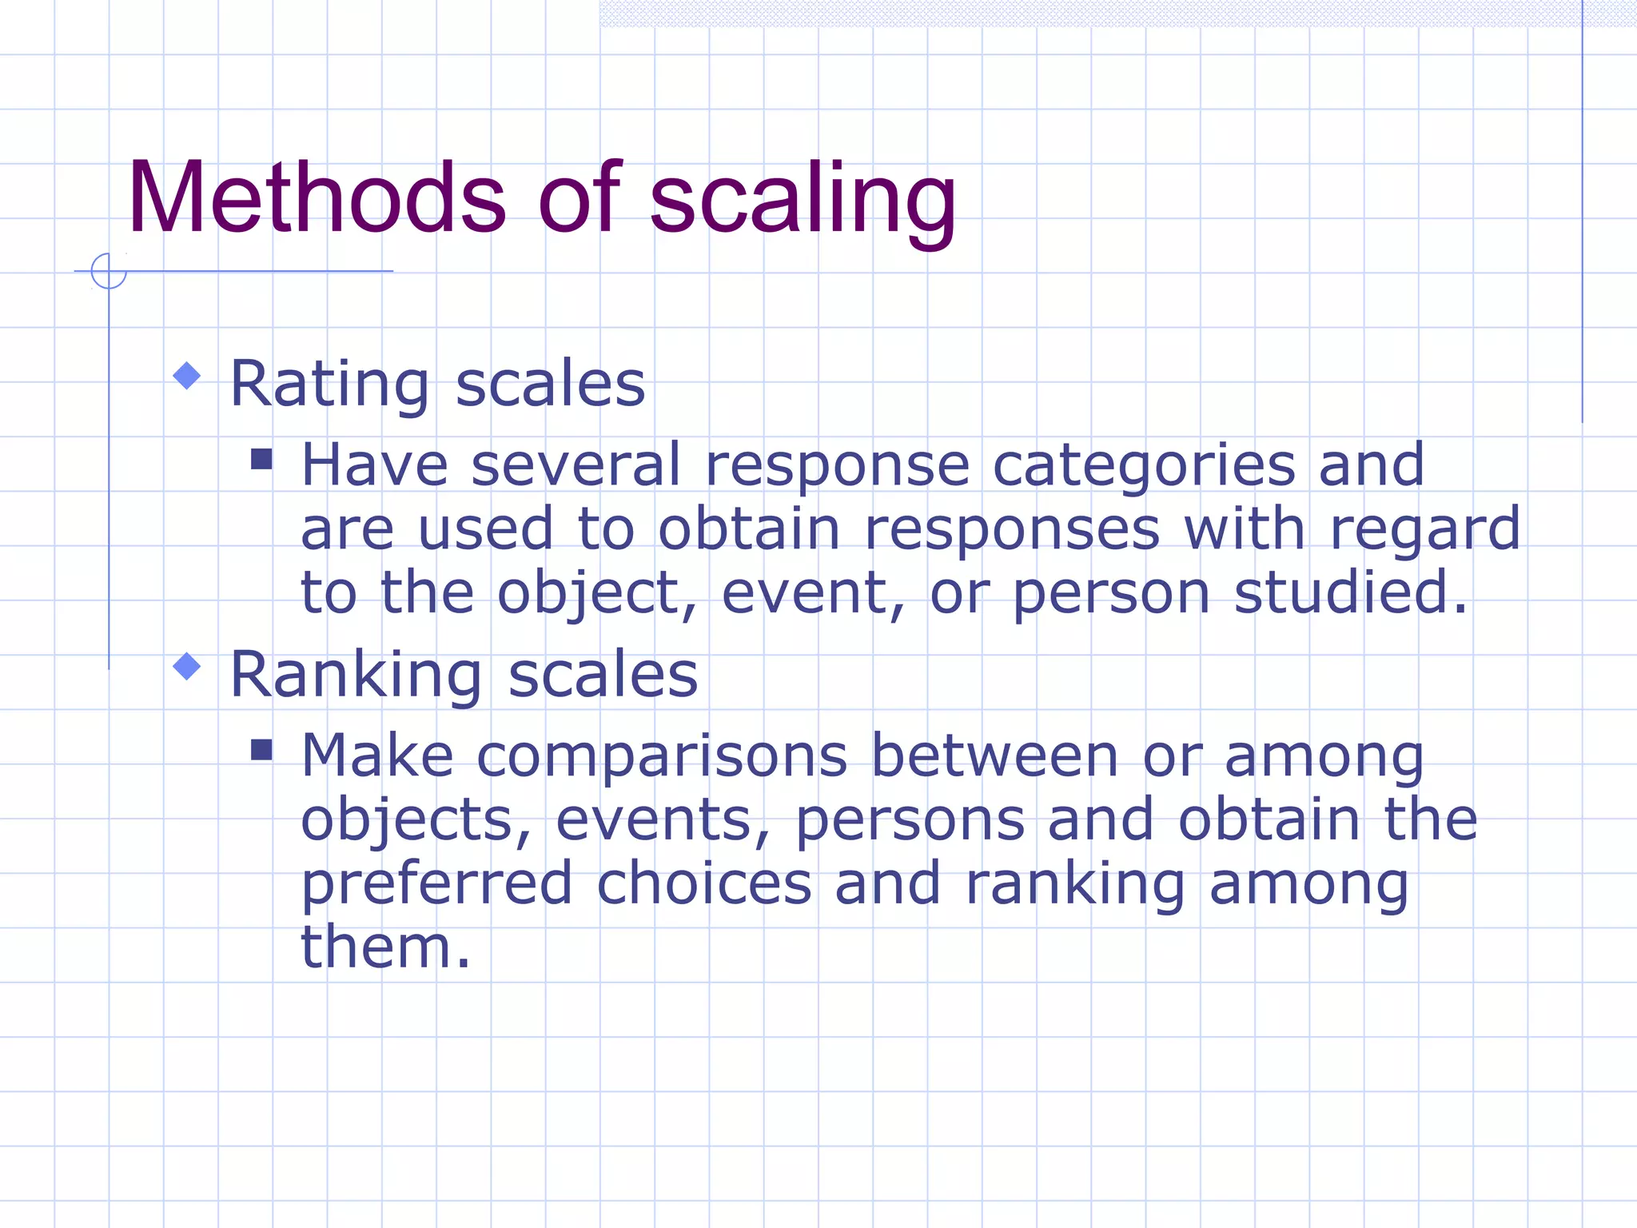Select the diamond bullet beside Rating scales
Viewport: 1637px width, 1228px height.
pyautogui.click(x=187, y=376)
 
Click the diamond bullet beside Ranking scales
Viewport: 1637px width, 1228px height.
pyautogui.click(x=187, y=667)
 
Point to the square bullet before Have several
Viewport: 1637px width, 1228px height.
pyautogui.click(x=261, y=459)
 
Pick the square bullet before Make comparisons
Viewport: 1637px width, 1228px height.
pyautogui.click(x=261, y=750)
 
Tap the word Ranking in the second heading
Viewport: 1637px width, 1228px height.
pyautogui.click(x=356, y=676)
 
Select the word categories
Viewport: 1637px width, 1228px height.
pyautogui.click(x=1143, y=466)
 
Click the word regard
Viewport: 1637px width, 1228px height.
pyautogui.click(x=1424, y=530)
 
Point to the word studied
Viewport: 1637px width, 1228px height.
pyautogui.click(x=1350, y=592)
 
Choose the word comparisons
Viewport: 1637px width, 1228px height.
pyautogui.click(x=662, y=756)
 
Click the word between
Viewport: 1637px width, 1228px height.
pyautogui.click(x=994, y=756)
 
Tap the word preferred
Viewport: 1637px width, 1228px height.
pyautogui.click(x=437, y=885)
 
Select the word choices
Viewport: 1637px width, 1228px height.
pyautogui.click(x=704, y=883)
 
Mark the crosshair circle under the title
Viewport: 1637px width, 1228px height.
pyautogui.click(x=109, y=271)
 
